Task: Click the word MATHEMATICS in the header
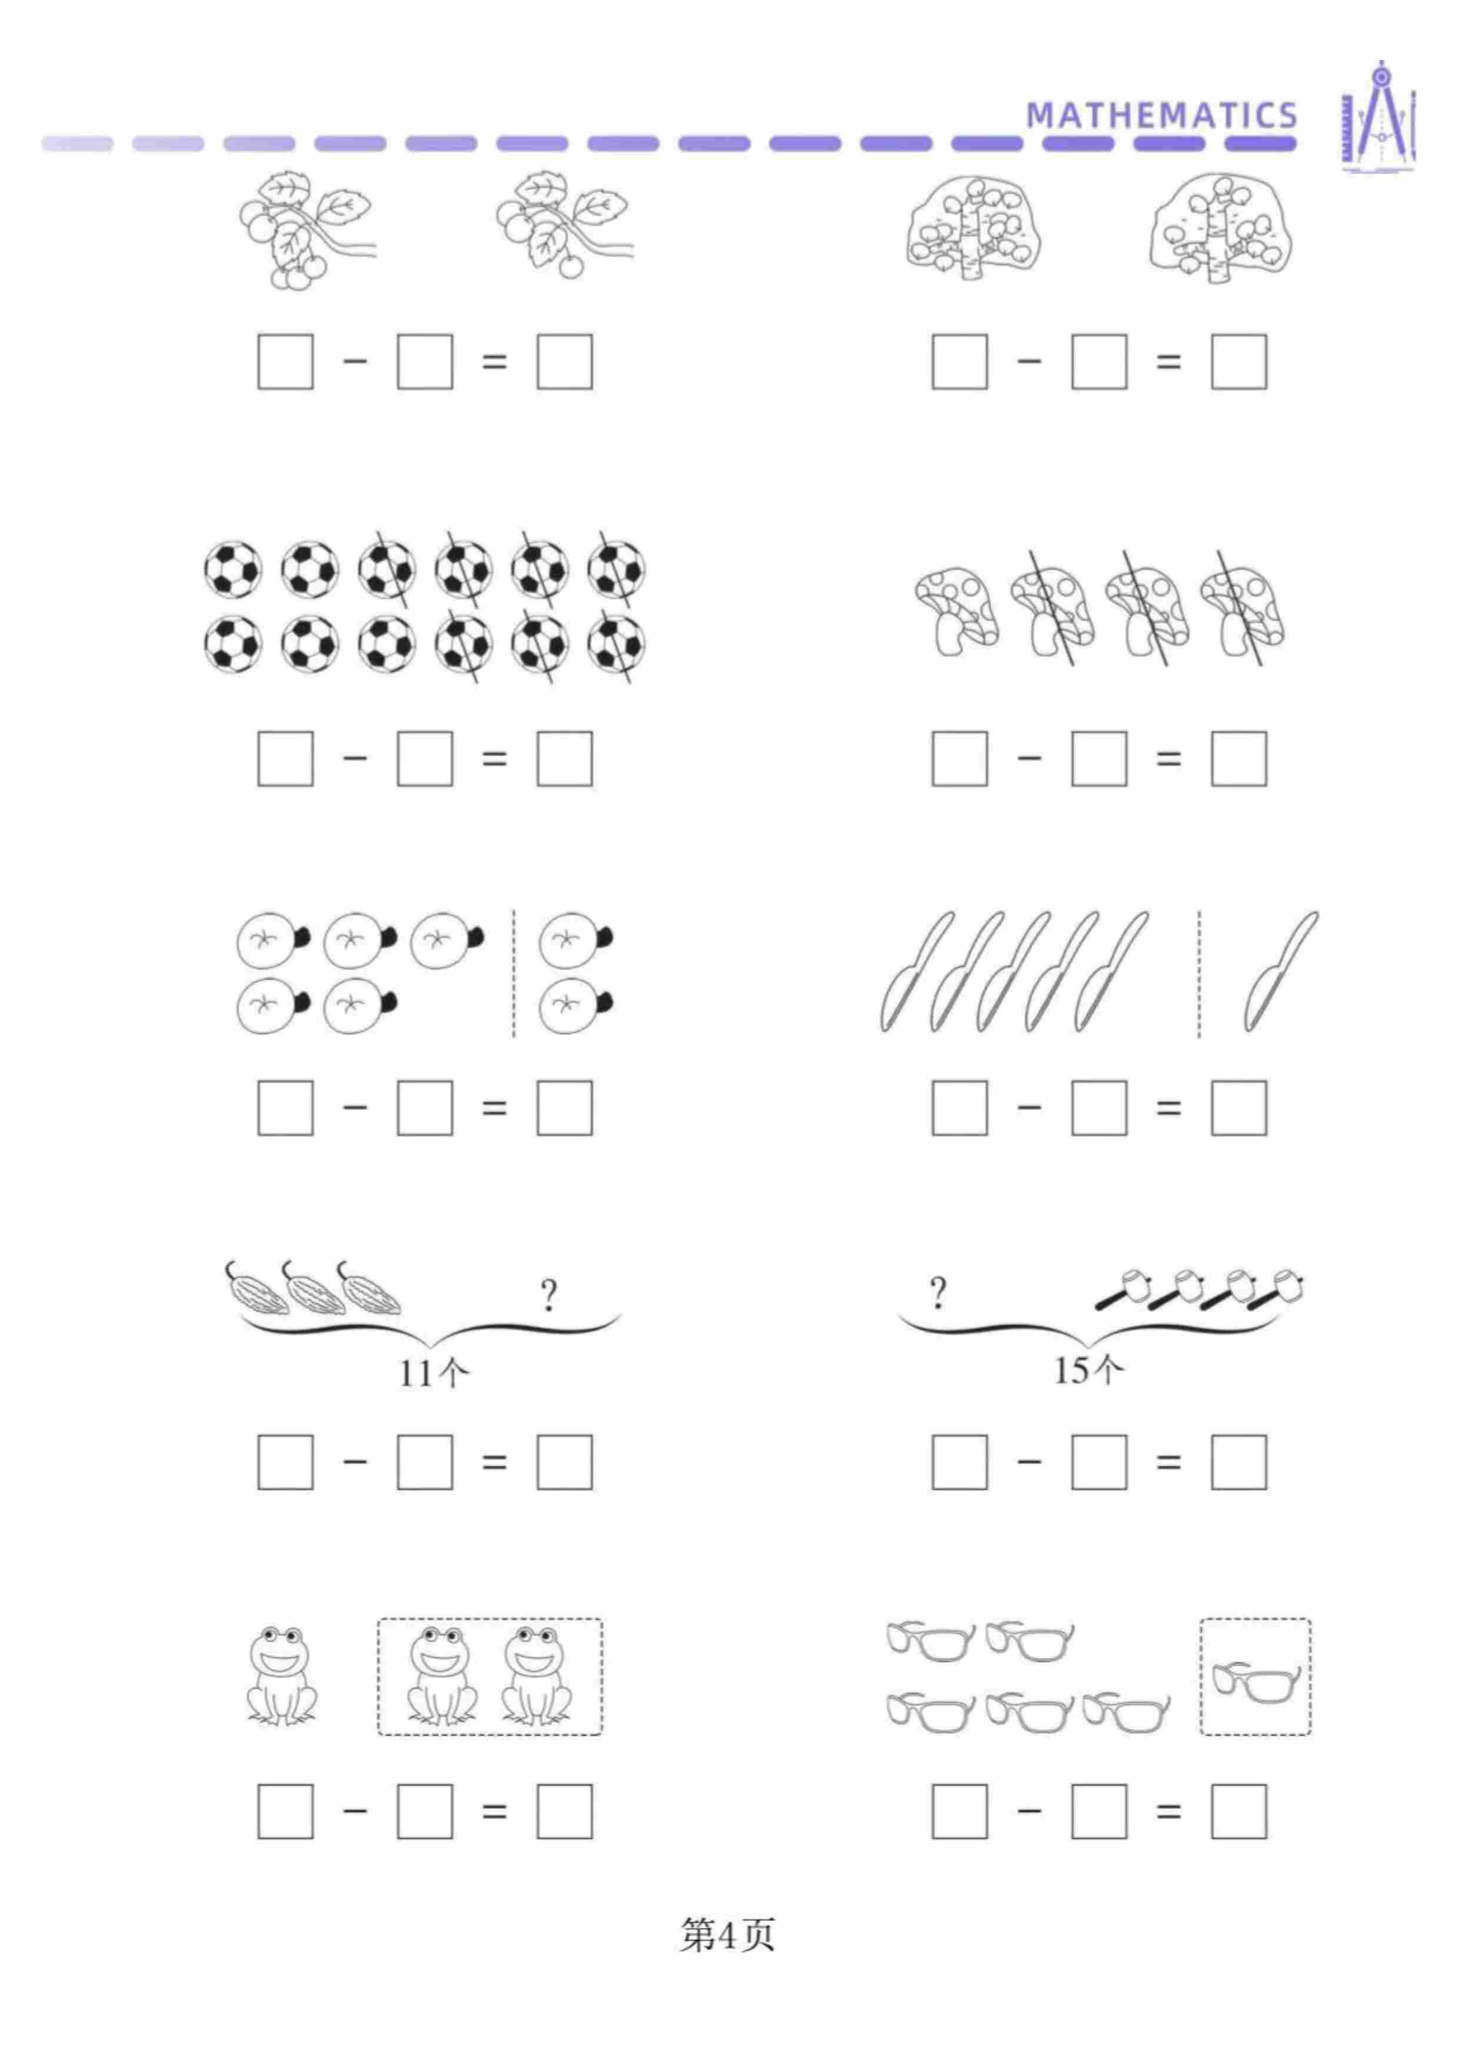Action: coord(1162,115)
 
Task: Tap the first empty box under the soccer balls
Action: coord(286,759)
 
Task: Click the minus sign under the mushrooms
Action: coord(1030,758)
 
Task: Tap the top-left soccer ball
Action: coord(233,569)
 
